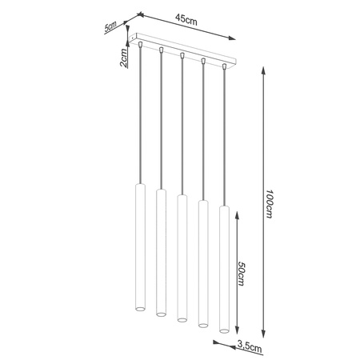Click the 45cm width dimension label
[186, 21]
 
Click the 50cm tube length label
[242, 276]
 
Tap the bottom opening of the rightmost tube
[223, 328]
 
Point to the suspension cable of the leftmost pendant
[140, 120]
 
